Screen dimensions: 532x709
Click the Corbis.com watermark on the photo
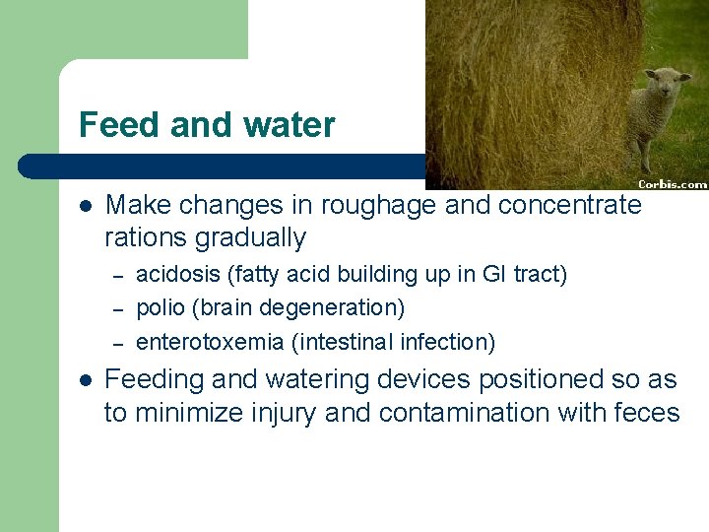[x=673, y=183]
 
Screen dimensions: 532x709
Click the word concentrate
[x=570, y=205]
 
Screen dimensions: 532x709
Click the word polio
[x=158, y=308]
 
